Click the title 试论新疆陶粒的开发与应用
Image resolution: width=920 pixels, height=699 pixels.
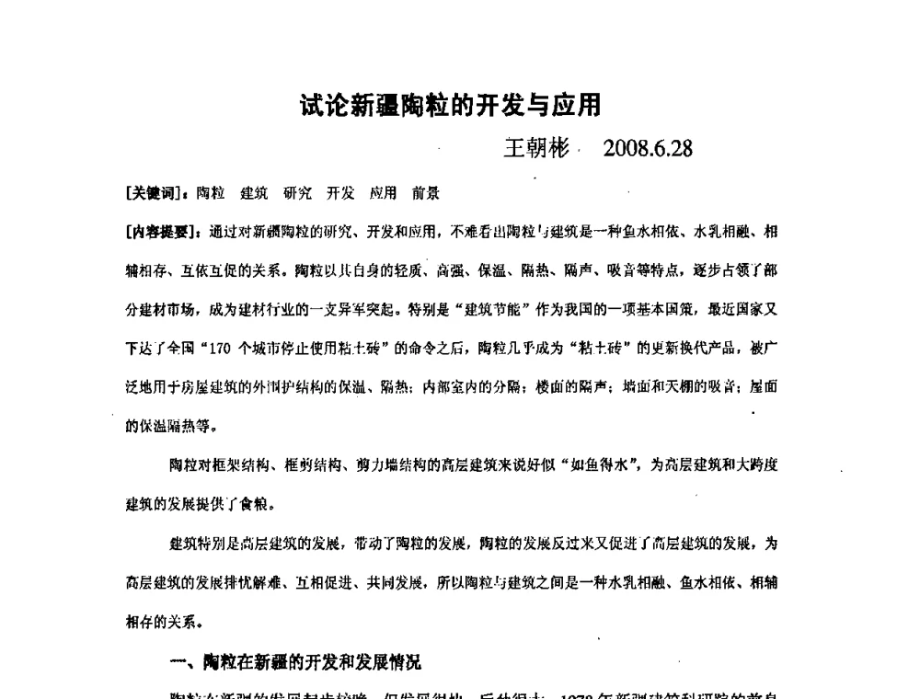click(x=451, y=106)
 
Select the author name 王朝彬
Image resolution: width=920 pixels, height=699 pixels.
click(x=537, y=149)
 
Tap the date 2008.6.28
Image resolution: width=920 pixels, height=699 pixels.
click(x=648, y=149)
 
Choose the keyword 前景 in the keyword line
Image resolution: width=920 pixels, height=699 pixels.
click(x=426, y=193)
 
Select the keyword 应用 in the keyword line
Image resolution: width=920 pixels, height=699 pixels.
click(x=384, y=193)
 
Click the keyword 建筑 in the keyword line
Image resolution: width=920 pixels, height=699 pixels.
click(x=255, y=193)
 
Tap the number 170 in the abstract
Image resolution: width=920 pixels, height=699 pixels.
click(x=197, y=349)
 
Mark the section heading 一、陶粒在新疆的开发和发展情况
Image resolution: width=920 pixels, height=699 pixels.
click(x=296, y=660)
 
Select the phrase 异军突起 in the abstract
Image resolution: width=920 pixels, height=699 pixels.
click(x=367, y=310)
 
